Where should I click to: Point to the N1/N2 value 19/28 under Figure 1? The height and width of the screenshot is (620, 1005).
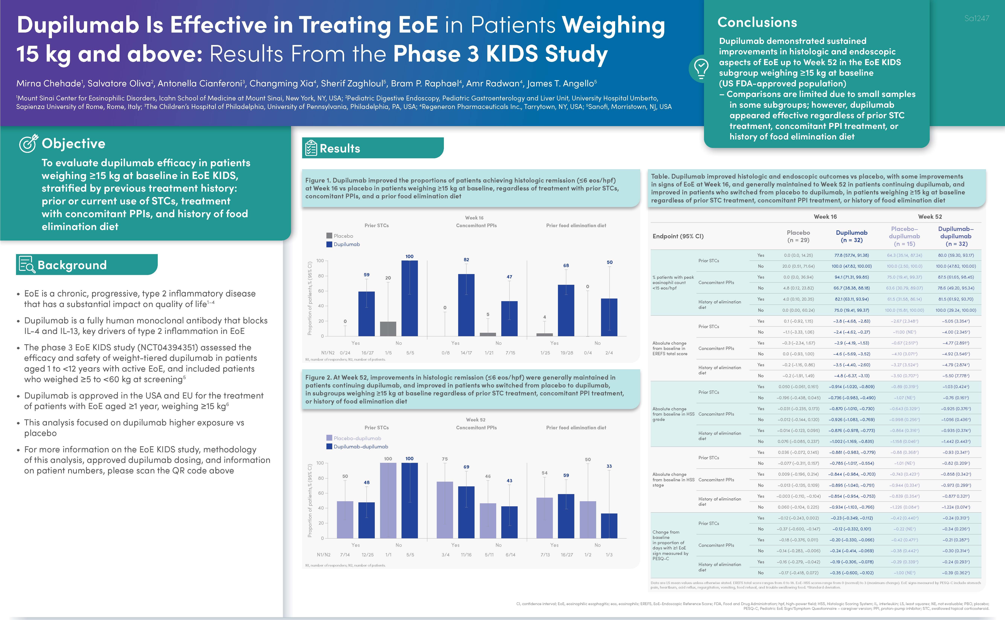(567, 353)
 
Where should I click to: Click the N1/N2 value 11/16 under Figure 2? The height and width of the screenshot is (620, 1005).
(466, 555)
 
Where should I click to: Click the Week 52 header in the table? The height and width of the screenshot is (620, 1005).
(930, 216)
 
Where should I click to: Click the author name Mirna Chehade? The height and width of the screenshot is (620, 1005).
(48, 84)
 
